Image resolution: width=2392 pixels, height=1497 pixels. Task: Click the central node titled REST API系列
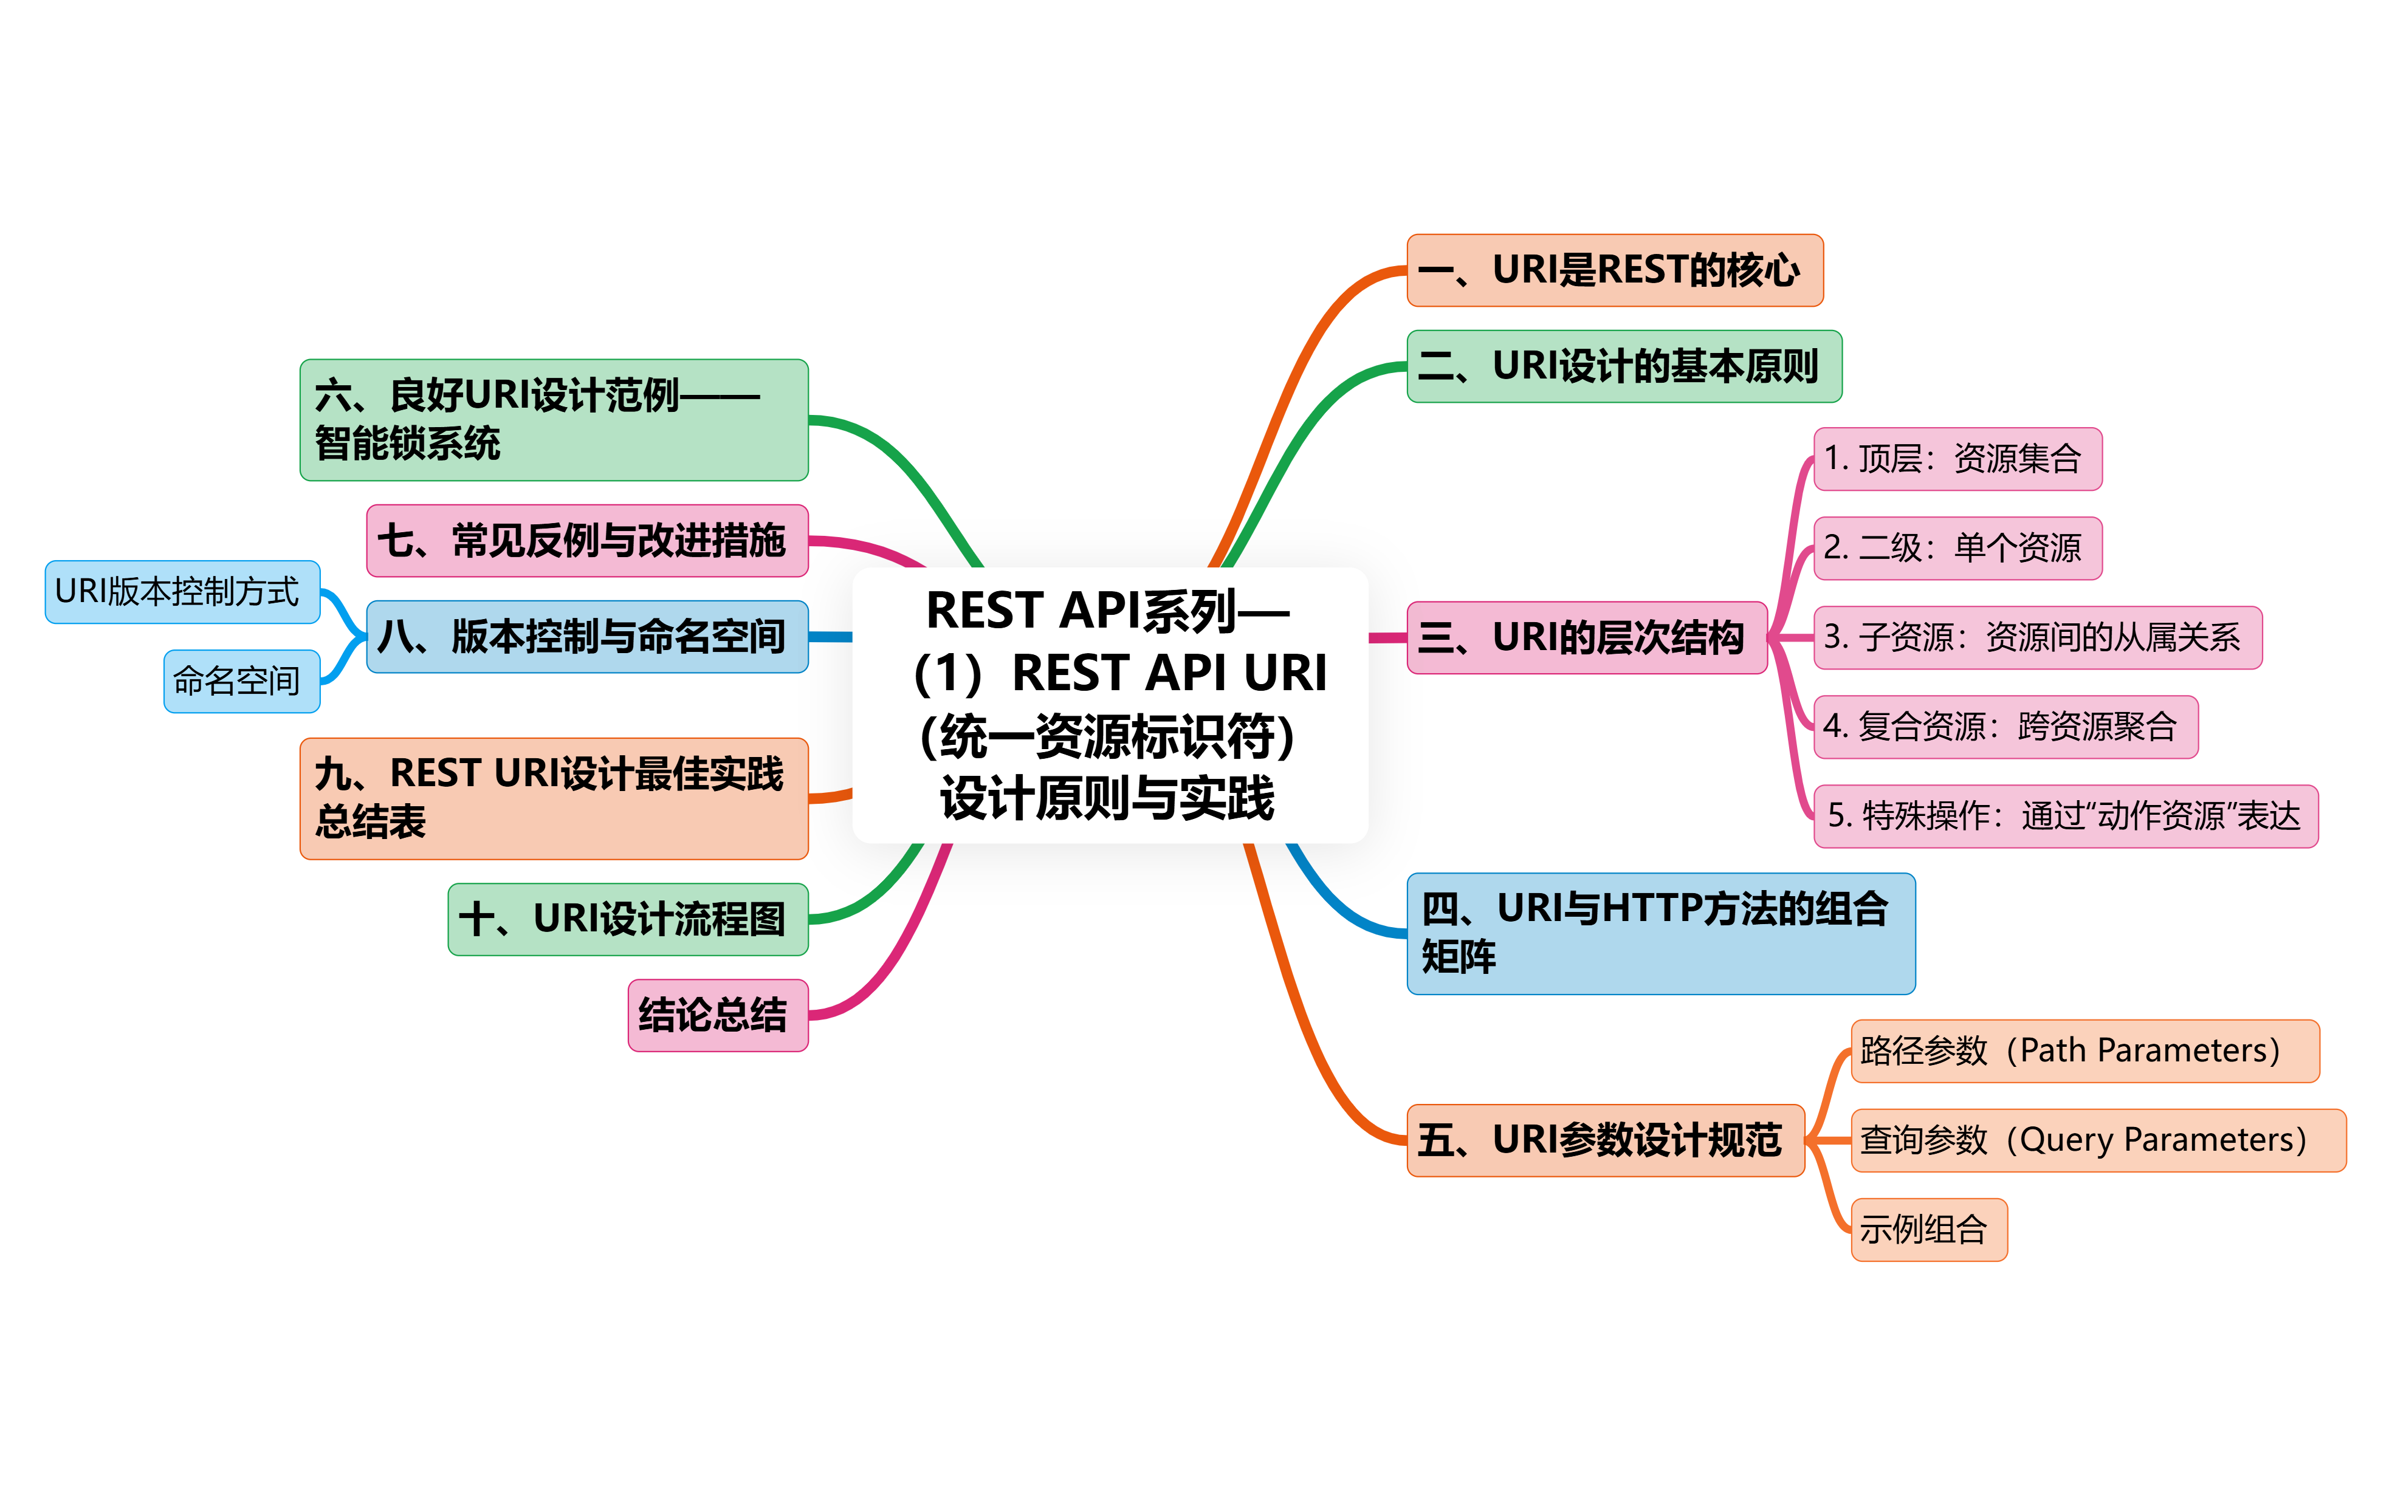1110,705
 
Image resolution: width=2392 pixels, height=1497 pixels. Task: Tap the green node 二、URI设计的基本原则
1624,366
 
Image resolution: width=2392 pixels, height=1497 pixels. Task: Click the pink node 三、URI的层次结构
1586,637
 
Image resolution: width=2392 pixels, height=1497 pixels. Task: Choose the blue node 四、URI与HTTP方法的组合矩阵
1660,934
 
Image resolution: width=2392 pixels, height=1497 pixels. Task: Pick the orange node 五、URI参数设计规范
1605,1140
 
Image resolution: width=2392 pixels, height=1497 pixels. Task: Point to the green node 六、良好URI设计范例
554,420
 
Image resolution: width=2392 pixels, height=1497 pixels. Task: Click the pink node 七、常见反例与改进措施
587,541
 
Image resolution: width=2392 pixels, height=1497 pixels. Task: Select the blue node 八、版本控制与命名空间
587,637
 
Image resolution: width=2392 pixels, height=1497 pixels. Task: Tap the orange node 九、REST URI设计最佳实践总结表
554,798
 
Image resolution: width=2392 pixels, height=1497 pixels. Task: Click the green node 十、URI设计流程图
628,919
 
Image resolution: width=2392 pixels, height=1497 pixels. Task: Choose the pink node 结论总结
718,1015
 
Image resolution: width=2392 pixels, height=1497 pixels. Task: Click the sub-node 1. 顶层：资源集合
1957,459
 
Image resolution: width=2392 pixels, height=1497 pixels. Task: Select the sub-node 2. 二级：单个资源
1957,547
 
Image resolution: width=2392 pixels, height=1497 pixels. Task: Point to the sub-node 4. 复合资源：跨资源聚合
2005,727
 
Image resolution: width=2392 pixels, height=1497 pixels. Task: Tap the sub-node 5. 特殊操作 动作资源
2065,816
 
